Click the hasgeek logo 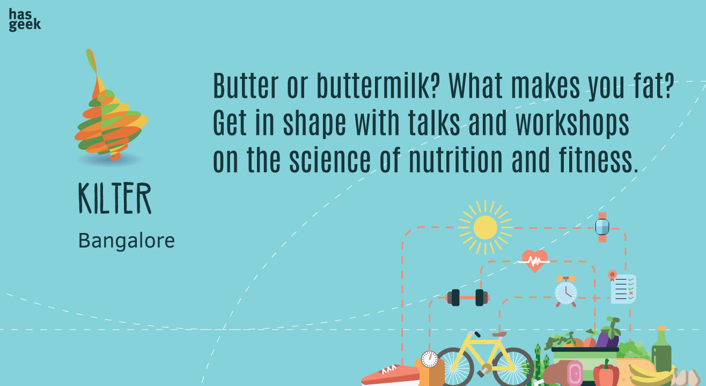click(x=25, y=20)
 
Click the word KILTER click(x=115, y=198)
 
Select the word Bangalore click(x=126, y=241)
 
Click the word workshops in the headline click(x=572, y=123)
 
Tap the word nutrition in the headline click(x=456, y=160)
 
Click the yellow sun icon click(x=485, y=228)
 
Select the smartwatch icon click(x=602, y=227)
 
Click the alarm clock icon click(x=566, y=292)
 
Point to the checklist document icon click(x=622, y=287)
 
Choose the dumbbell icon click(x=468, y=297)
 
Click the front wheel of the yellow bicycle click(x=513, y=367)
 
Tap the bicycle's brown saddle click(x=499, y=334)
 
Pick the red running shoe click(x=390, y=375)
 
